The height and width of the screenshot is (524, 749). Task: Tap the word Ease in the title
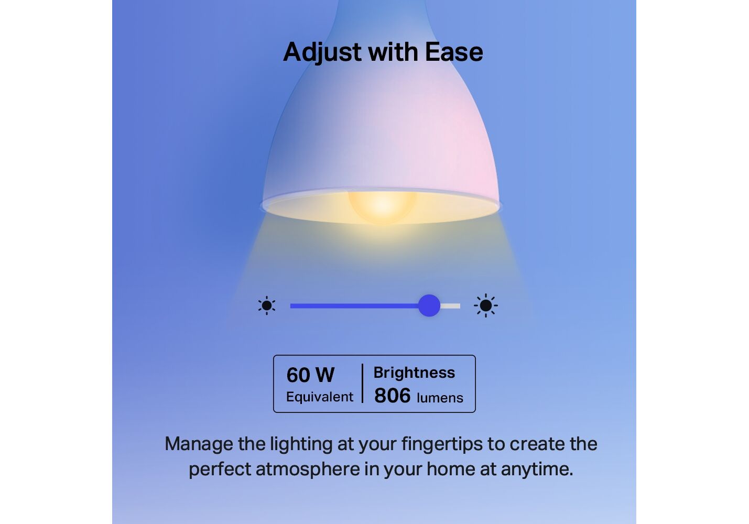pos(454,52)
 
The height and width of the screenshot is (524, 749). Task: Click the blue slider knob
pos(429,305)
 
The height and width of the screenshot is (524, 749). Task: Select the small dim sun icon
pos(267,305)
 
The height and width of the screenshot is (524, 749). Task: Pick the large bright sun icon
pos(485,305)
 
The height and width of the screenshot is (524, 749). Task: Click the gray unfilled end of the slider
pos(450,306)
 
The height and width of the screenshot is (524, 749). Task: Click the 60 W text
pos(310,375)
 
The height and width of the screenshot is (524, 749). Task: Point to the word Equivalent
pos(320,397)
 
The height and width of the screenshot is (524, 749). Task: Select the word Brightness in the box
pos(414,373)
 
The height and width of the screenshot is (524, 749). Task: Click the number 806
pos(392,396)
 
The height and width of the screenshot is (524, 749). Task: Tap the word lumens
pos(440,398)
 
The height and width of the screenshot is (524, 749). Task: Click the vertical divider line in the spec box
pos(363,384)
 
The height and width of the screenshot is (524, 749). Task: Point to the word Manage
pos(199,444)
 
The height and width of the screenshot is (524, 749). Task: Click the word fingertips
pos(442,444)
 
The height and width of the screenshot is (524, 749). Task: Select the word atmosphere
pos(308,469)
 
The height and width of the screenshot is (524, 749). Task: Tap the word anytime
pos(537,470)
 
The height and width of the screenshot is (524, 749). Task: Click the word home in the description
pos(451,469)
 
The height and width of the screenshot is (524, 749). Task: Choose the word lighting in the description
pos(301,444)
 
